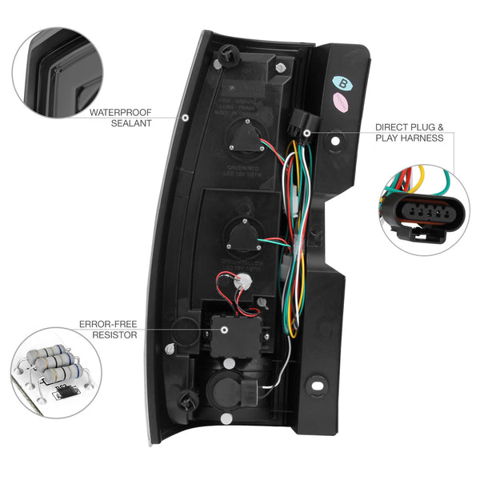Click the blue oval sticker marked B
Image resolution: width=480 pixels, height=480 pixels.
[344, 81]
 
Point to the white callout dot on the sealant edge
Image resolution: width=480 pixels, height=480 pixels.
[185, 118]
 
